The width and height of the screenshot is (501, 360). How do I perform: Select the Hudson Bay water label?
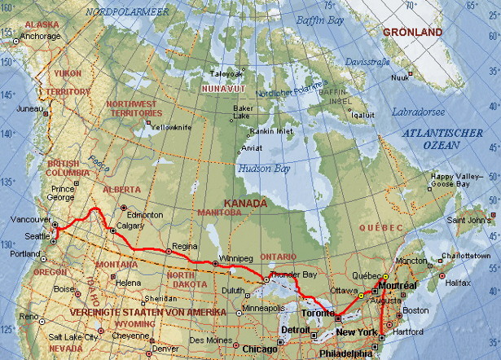pyautogui.click(x=262, y=169)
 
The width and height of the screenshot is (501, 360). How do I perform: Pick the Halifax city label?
pyautogui.click(x=459, y=283)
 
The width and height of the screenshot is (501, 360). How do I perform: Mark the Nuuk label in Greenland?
pyautogui.click(x=400, y=78)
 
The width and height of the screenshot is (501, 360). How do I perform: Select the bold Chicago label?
pyautogui.click(x=259, y=349)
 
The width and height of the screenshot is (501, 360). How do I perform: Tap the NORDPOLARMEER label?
pyautogui.click(x=116, y=12)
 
